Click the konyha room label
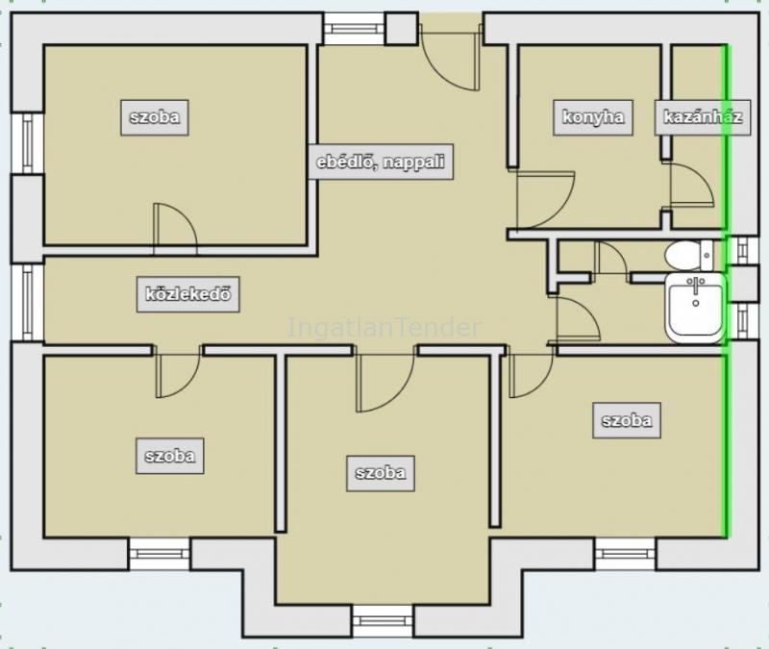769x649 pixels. [x=593, y=117]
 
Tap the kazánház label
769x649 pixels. [x=703, y=117]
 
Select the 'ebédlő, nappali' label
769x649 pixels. [x=381, y=162]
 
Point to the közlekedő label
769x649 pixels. [x=187, y=294]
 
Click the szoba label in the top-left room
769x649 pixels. [x=155, y=117]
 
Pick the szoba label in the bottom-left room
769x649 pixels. [x=170, y=456]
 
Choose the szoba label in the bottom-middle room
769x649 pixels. [x=381, y=473]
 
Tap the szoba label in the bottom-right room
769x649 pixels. [x=627, y=420]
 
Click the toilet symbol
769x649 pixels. [x=688, y=255]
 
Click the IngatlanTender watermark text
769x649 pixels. [x=384, y=327]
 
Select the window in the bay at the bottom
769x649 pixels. [x=383, y=621]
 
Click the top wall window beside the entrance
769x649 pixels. [x=354, y=29]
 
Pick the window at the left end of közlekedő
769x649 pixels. [x=28, y=303]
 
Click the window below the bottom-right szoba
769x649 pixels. [x=625, y=554]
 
